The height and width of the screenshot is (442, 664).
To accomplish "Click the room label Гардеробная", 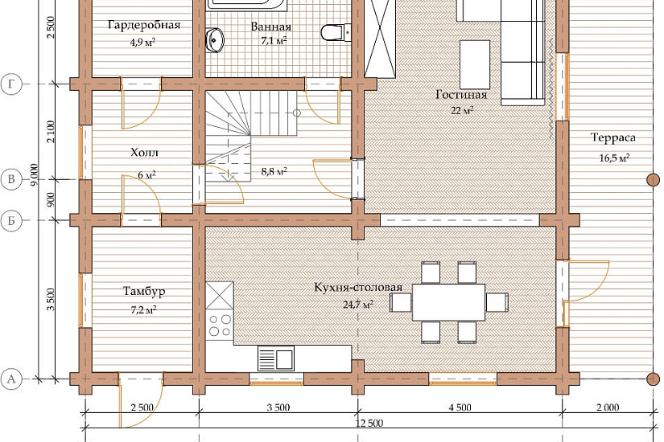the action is click(x=144, y=26).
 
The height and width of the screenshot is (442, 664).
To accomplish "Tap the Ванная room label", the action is click(x=271, y=27).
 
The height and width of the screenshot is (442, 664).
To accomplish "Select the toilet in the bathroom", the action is click(x=336, y=33).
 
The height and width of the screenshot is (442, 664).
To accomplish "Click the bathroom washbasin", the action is click(x=215, y=41).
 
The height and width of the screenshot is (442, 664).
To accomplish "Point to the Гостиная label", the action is click(x=461, y=95).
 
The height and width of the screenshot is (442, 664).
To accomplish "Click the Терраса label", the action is click(x=613, y=137).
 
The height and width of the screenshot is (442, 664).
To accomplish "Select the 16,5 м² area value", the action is click(x=614, y=158).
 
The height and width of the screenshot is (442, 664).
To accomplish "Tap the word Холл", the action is click(x=144, y=152).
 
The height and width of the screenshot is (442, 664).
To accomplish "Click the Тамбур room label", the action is click(x=144, y=291).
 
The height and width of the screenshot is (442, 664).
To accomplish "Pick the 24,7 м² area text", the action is click(x=358, y=304).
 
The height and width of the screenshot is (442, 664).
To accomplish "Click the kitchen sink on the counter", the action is click(x=276, y=358).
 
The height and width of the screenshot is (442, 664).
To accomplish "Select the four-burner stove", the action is click(x=220, y=325).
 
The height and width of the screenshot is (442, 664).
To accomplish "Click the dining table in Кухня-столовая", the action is click(x=449, y=302).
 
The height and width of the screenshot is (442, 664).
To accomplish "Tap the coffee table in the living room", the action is click(x=475, y=64).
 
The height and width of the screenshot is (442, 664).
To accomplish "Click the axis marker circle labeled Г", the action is click(x=11, y=84).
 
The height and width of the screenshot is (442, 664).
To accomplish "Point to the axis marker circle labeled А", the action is click(x=11, y=379).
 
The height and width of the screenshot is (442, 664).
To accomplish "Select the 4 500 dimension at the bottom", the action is click(x=460, y=407).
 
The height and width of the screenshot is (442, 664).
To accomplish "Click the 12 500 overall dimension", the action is click(x=369, y=423).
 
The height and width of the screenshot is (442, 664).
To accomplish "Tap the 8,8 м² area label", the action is click(x=274, y=172).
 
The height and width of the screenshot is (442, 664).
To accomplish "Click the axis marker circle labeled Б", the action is click(x=11, y=220).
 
